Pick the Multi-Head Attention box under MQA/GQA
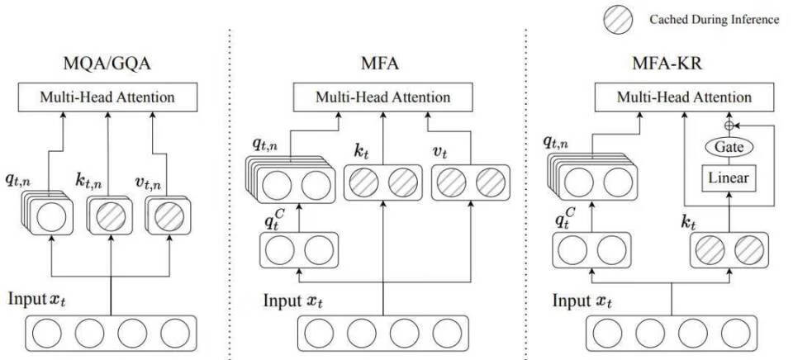(107, 97)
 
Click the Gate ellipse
(729, 147)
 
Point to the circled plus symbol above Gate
(729, 125)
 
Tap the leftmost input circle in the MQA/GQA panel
(49, 334)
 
